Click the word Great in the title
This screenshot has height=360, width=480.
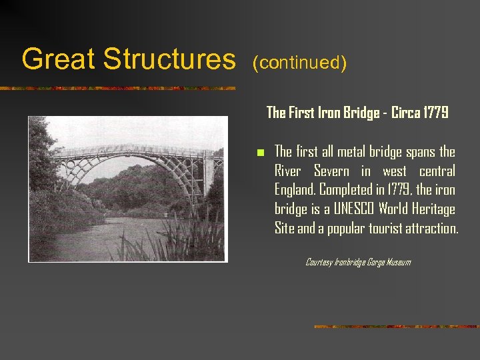[57, 59]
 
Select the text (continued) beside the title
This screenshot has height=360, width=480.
[300, 63]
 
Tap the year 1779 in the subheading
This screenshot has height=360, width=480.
[434, 113]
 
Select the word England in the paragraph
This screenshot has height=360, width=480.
[295, 190]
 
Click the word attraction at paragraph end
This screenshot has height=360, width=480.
[434, 229]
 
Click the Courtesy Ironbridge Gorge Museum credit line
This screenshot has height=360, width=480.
[357, 262]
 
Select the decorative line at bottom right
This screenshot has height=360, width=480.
[396, 327]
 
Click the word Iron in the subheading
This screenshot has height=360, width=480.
[330, 113]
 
